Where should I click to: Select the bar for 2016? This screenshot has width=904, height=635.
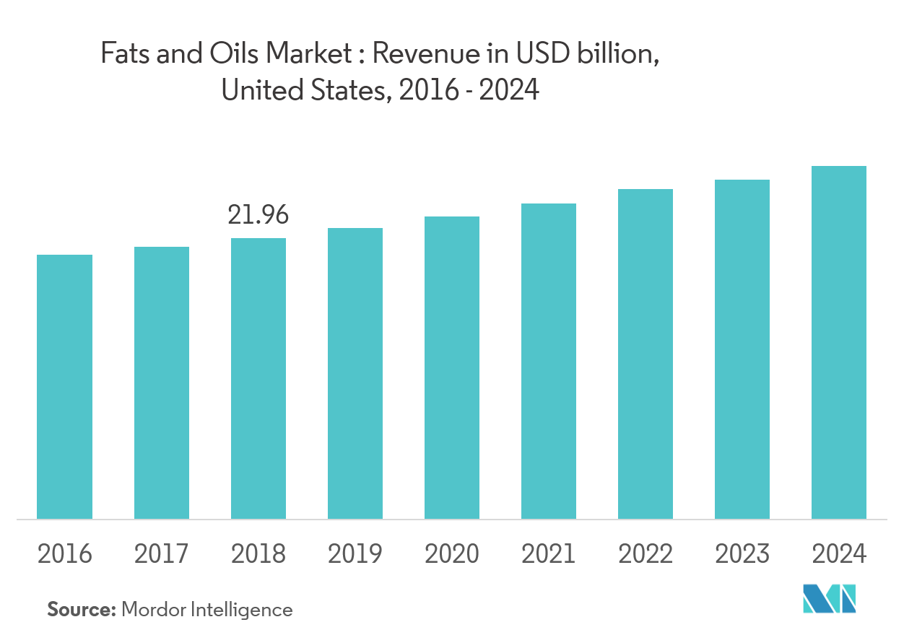(64, 387)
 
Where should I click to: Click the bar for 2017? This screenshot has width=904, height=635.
(161, 382)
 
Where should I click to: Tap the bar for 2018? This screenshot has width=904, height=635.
(258, 378)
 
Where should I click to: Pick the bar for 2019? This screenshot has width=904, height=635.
(355, 373)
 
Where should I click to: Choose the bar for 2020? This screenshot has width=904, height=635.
(451, 367)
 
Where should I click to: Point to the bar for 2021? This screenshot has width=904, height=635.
(548, 361)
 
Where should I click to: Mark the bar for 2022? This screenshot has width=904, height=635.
(645, 354)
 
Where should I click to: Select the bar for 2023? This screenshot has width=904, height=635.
(742, 349)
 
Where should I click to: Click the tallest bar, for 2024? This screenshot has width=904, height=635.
(838, 342)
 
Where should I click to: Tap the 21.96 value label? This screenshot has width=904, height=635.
(258, 214)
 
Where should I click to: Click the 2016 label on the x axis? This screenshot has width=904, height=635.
(64, 553)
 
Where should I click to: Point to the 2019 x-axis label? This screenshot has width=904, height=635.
(355, 553)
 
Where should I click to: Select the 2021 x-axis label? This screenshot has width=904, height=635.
(548, 553)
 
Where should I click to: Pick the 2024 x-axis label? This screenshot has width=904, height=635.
(838, 553)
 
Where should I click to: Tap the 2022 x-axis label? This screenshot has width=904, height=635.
(645, 553)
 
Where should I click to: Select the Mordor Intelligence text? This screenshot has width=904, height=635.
(207, 610)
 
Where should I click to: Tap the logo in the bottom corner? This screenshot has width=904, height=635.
(829, 600)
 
